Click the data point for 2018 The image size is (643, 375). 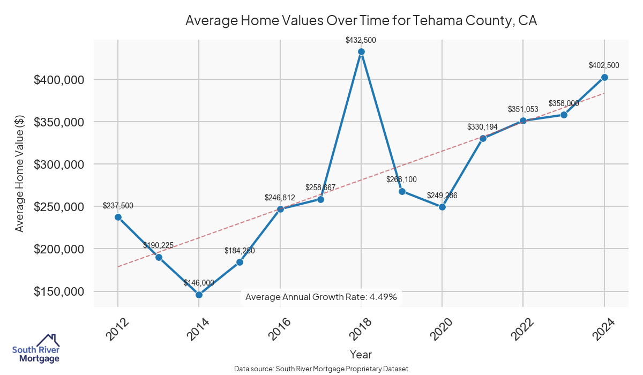pos(361,52)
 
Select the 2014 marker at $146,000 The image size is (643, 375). pos(199,295)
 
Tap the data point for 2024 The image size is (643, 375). pos(604,77)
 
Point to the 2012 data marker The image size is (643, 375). pos(118,217)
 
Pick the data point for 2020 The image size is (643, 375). pos(442,207)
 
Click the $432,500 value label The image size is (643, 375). pos(361,40)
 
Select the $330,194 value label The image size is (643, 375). pos(483,127)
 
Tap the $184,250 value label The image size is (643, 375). pos(240,251)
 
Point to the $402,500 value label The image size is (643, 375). pos(604,65)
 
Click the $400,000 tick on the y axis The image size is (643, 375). pos(59,80)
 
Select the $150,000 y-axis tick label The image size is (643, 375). pos(59,292)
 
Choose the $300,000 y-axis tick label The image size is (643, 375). pos(59,164)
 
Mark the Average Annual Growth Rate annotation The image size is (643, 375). pos(321,297)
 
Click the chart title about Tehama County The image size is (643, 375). pos(361,21)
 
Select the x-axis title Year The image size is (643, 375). pos(361,354)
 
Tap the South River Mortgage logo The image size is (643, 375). pos(36,349)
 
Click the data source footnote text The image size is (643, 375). pos(321,369)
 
